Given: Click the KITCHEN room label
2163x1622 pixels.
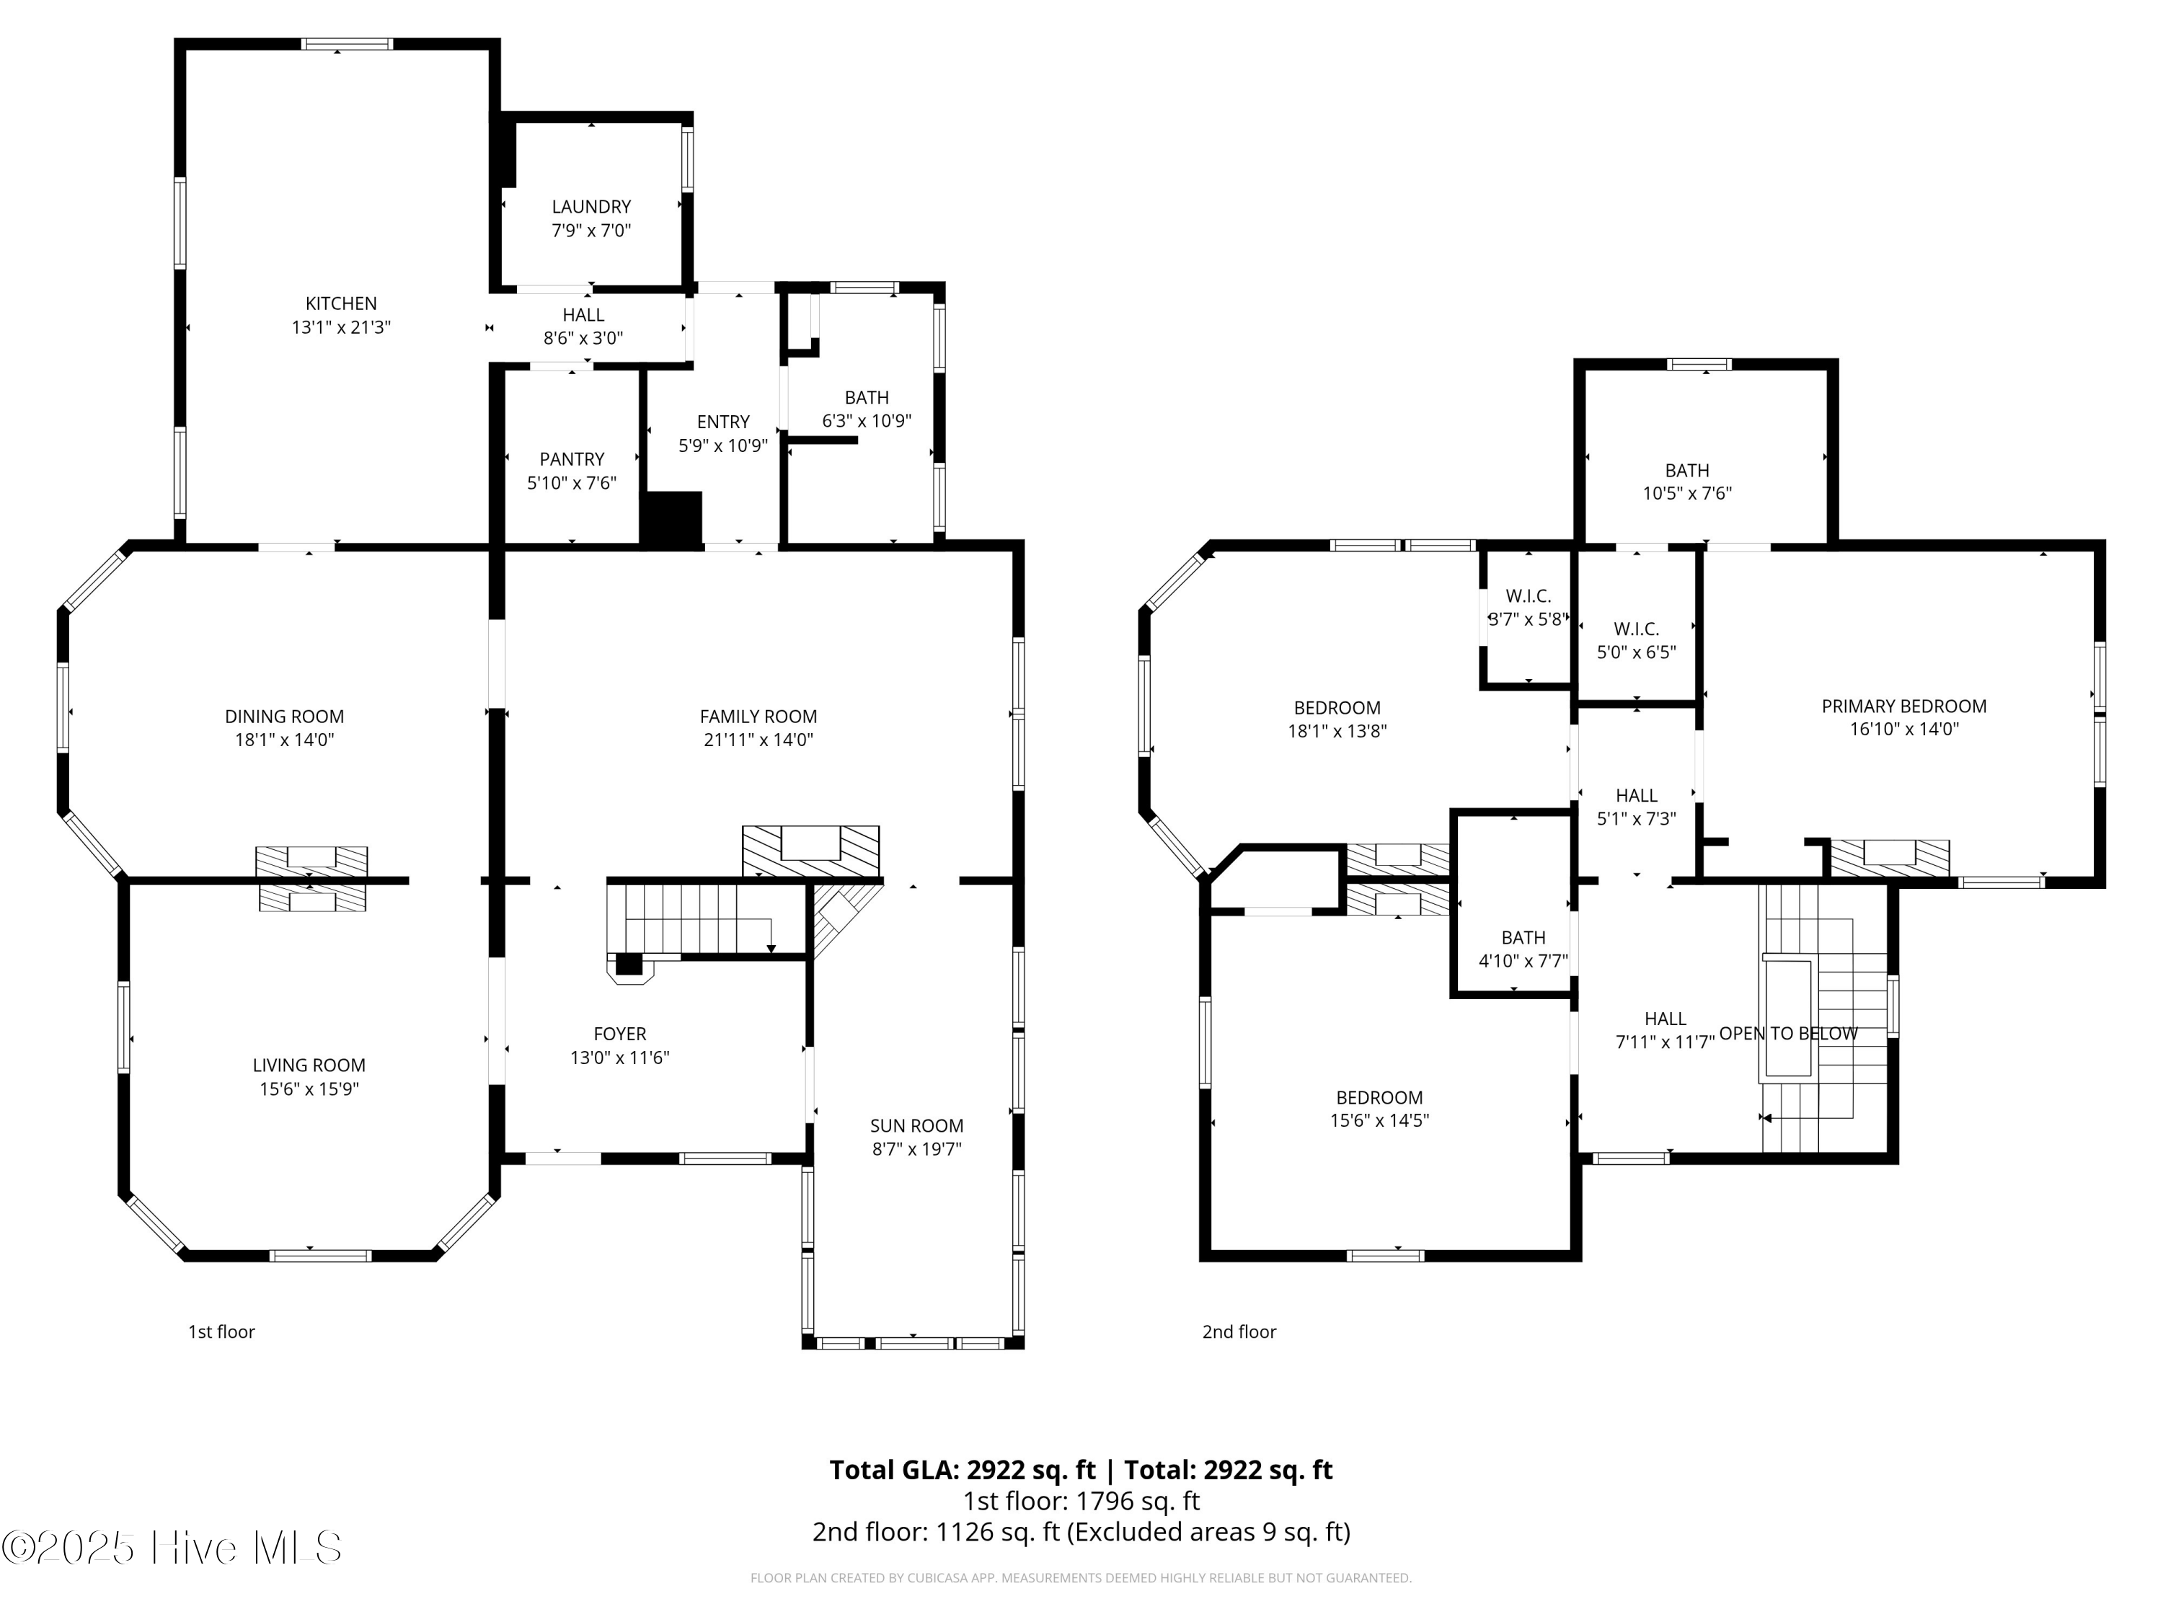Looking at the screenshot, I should tap(340, 303).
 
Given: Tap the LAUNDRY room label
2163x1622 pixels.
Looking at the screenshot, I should tap(590, 206).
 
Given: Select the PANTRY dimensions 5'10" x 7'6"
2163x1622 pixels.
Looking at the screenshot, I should tap(571, 483).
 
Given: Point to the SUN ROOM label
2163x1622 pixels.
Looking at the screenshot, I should tap(916, 1125).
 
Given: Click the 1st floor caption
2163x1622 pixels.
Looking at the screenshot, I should tap(221, 1331).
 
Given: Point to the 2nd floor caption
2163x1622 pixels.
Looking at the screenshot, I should tap(1238, 1331).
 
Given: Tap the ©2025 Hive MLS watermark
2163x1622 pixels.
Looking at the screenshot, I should tap(172, 1548).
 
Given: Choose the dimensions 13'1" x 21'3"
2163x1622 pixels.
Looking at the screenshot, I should tap(340, 327).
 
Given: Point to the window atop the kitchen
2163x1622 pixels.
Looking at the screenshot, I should tap(346, 44).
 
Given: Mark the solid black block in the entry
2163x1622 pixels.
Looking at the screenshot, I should tap(672, 519).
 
